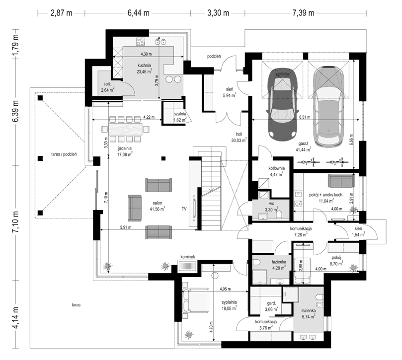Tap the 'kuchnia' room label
coord(145,65)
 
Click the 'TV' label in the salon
coord(184,209)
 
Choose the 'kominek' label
coord(189,257)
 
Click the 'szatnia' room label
coord(179,114)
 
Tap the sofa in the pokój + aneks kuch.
coord(340,179)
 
